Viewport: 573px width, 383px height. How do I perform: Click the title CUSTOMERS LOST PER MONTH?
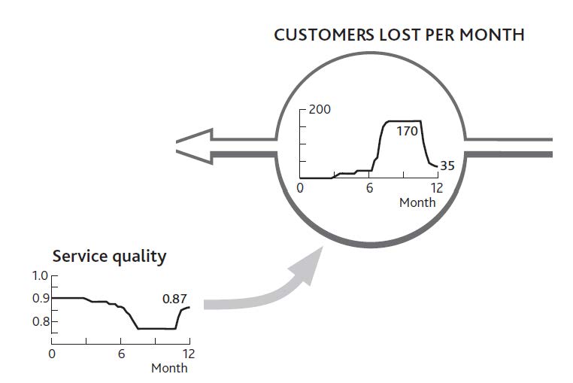tap(399, 35)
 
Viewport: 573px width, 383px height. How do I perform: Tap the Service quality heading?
tap(109, 257)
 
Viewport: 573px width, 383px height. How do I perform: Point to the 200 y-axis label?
tap(320, 109)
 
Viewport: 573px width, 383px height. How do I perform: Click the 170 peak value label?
tap(407, 131)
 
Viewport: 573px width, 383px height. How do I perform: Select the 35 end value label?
tap(447, 166)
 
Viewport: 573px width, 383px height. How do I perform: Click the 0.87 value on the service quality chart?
tap(174, 299)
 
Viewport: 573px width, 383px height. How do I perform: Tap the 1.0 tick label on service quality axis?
tap(40, 276)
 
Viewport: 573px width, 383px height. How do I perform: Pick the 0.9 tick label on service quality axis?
tap(41, 299)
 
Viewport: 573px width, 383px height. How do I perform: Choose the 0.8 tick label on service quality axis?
tap(41, 321)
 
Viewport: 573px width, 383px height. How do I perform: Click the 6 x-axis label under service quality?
tap(121, 354)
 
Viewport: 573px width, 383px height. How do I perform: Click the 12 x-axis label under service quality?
tap(189, 354)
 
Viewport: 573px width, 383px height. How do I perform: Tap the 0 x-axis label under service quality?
tap(52, 354)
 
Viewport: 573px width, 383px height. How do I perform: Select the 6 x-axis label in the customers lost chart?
tap(369, 188)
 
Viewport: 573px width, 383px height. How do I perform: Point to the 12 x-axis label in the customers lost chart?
tap(437, 188)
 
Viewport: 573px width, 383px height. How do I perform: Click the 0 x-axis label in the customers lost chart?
tap(300, 188)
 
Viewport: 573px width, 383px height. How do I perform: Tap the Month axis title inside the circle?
tap(417, 202)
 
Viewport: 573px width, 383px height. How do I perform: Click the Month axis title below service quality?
tap(169, 368)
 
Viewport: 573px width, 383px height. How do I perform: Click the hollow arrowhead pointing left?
tap(195, 146)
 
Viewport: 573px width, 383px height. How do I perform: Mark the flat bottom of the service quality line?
tap(156, 329)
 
